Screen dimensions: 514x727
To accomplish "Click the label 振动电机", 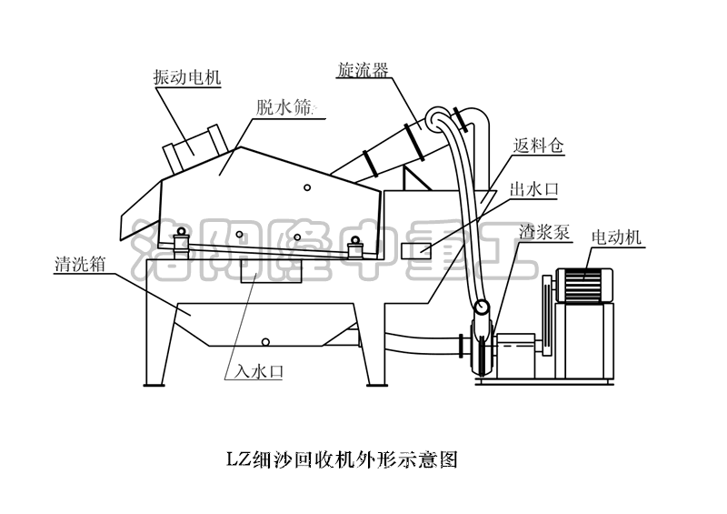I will tap(187, 78).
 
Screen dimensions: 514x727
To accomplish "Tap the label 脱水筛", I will tap(285, 107).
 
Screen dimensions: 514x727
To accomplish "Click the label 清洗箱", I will tap(80, 267).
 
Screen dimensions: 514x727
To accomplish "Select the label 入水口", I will tap(260, 371).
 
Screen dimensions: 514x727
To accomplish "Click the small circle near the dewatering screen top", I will tap(307, 188).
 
